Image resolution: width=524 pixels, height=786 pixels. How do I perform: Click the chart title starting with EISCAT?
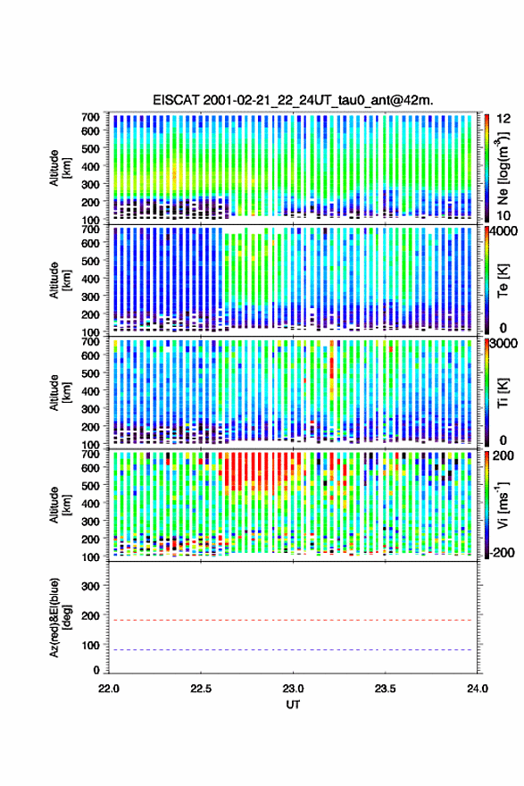click(x=293, y=100)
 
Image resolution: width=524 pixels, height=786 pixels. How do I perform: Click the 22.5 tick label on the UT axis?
click(x=200, y=689)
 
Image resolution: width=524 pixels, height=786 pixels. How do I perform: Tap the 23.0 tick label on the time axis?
click(x=293, y=689)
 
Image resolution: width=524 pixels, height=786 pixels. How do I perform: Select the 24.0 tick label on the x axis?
click(x=478, y=689)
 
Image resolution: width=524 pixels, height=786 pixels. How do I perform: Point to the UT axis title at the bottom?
click(x=293, y=705)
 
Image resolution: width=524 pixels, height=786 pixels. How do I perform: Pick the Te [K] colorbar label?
click(x=503, y=280)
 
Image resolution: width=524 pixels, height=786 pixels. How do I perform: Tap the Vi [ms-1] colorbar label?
click(x=503, y=505)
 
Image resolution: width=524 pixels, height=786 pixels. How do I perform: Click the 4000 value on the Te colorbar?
click(x=504, y=231)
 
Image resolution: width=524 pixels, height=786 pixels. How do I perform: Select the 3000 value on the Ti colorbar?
click(x=504, y=343)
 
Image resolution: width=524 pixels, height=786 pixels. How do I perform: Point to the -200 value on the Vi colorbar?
click(x=503, y=552)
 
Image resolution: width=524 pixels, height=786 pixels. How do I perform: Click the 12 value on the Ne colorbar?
click(x=504, y=119)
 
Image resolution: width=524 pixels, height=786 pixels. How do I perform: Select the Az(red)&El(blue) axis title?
click(x=59, y=617)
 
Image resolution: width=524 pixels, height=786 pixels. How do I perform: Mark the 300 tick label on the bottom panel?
click(x=90, y=586)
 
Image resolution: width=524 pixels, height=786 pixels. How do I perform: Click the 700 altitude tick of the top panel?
click(x=90, y=117)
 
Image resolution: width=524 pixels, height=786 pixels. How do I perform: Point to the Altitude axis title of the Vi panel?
click(x=59, y=505)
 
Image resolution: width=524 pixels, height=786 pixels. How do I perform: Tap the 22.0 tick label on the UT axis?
click(x=109, y=689)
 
